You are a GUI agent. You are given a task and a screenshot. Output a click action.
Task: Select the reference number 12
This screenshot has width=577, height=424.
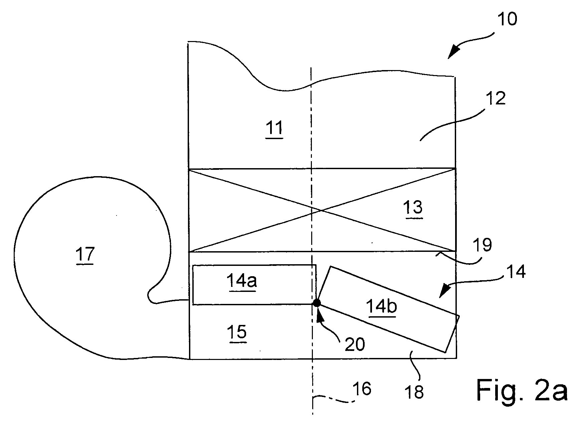point(495,99)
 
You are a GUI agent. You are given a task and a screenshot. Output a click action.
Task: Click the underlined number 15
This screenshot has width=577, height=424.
point(237,332)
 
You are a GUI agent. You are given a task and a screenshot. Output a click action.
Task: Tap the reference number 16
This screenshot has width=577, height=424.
point(362,389)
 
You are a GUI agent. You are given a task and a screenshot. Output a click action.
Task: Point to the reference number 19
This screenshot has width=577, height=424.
point(483,245)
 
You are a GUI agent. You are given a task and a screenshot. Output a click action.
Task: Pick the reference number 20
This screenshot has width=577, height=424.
point(355,345)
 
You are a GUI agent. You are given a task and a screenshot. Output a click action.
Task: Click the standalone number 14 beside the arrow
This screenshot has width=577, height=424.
point(516,272)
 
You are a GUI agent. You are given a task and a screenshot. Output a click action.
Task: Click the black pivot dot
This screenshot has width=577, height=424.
point(316,303)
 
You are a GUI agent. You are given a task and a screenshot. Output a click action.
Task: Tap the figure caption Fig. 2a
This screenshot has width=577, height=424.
point(522,390)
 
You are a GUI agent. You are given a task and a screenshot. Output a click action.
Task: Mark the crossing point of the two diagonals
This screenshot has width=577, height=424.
point(321,210)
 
